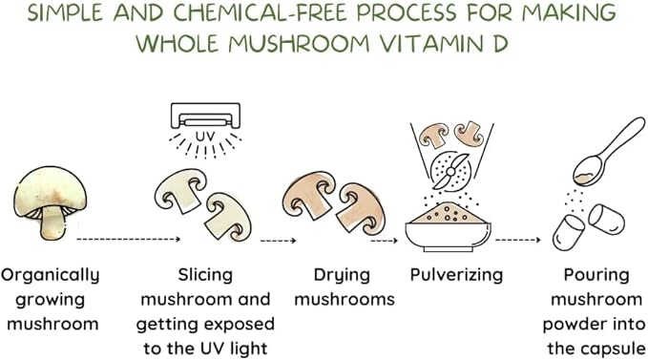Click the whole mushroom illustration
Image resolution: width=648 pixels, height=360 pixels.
click(x=51, y=202)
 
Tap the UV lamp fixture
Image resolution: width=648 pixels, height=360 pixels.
click(x=205, y=116)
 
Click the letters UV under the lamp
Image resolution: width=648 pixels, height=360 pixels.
click(x=205, y=137)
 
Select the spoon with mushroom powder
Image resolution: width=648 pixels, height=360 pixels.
click(x=608, y=152)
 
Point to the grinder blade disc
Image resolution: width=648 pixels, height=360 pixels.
click(x=450, y=171)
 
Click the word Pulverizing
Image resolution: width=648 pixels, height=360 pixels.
click(x=456, y=275)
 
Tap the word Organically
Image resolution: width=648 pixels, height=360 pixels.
click(x=51, y=276)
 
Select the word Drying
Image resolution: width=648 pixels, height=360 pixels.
click(x=342, y=276)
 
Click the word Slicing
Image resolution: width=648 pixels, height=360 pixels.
click(x=205, y=276)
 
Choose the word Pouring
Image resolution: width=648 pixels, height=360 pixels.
click(x=596, y=276)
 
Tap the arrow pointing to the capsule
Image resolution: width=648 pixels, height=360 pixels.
click(x=518, y=240)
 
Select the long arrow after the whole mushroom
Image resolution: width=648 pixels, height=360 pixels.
click(x=129, y=239)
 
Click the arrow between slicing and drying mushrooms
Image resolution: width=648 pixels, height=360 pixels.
click(x=278, y=240)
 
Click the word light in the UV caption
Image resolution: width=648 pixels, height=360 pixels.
click(x=250, y=349)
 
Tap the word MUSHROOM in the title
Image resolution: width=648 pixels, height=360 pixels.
click(x=299, y=43)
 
